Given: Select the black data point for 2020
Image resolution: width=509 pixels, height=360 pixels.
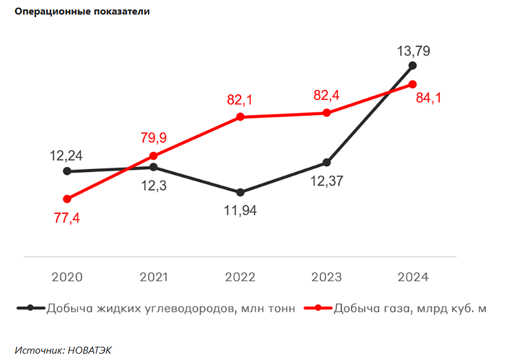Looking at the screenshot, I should point(67,171).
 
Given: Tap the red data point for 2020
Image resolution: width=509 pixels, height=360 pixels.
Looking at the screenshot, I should point(67,199).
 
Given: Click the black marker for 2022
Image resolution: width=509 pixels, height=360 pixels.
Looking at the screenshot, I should point(240,192).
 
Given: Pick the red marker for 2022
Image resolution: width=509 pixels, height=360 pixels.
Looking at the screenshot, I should point(240,117).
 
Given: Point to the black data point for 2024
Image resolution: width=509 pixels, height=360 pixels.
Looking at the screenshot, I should point(413,65).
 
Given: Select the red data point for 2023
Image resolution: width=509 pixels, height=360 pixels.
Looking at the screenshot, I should point(327,113).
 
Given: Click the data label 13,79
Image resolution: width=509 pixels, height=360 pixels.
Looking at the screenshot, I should point(413,51).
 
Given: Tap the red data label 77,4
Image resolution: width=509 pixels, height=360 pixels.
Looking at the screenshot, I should point(67,218).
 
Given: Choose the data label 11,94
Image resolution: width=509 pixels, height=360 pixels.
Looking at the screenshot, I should point(240,211).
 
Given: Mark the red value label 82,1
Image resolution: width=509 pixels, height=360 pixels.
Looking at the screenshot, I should point(240,100).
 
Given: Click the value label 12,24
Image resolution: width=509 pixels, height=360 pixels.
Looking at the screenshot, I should point(67,155).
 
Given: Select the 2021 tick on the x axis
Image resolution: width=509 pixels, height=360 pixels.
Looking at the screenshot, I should point(154,277).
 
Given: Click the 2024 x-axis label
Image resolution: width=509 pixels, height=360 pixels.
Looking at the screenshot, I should point(413,277).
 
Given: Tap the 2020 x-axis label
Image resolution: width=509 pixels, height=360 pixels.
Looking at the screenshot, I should point(67,277).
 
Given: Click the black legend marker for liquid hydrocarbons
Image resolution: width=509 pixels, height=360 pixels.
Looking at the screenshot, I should point(30,308).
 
